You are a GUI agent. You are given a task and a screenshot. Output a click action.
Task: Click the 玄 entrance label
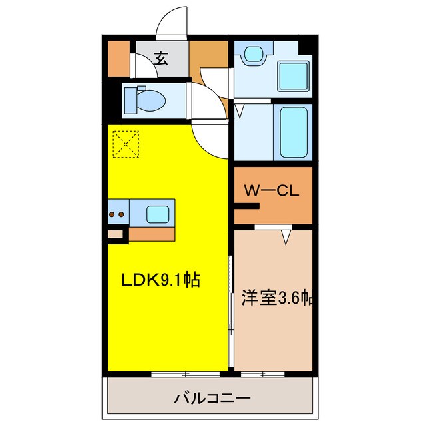click(x=162, y=59)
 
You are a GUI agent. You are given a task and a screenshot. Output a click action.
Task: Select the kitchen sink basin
click(x=158, y=214)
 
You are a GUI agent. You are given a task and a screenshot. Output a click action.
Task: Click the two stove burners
click(x=116, y=214)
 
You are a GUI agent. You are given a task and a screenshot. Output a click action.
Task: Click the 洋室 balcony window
click(x=265, y=374)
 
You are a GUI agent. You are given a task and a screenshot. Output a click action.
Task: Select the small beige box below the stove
click(x=116, y=234)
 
